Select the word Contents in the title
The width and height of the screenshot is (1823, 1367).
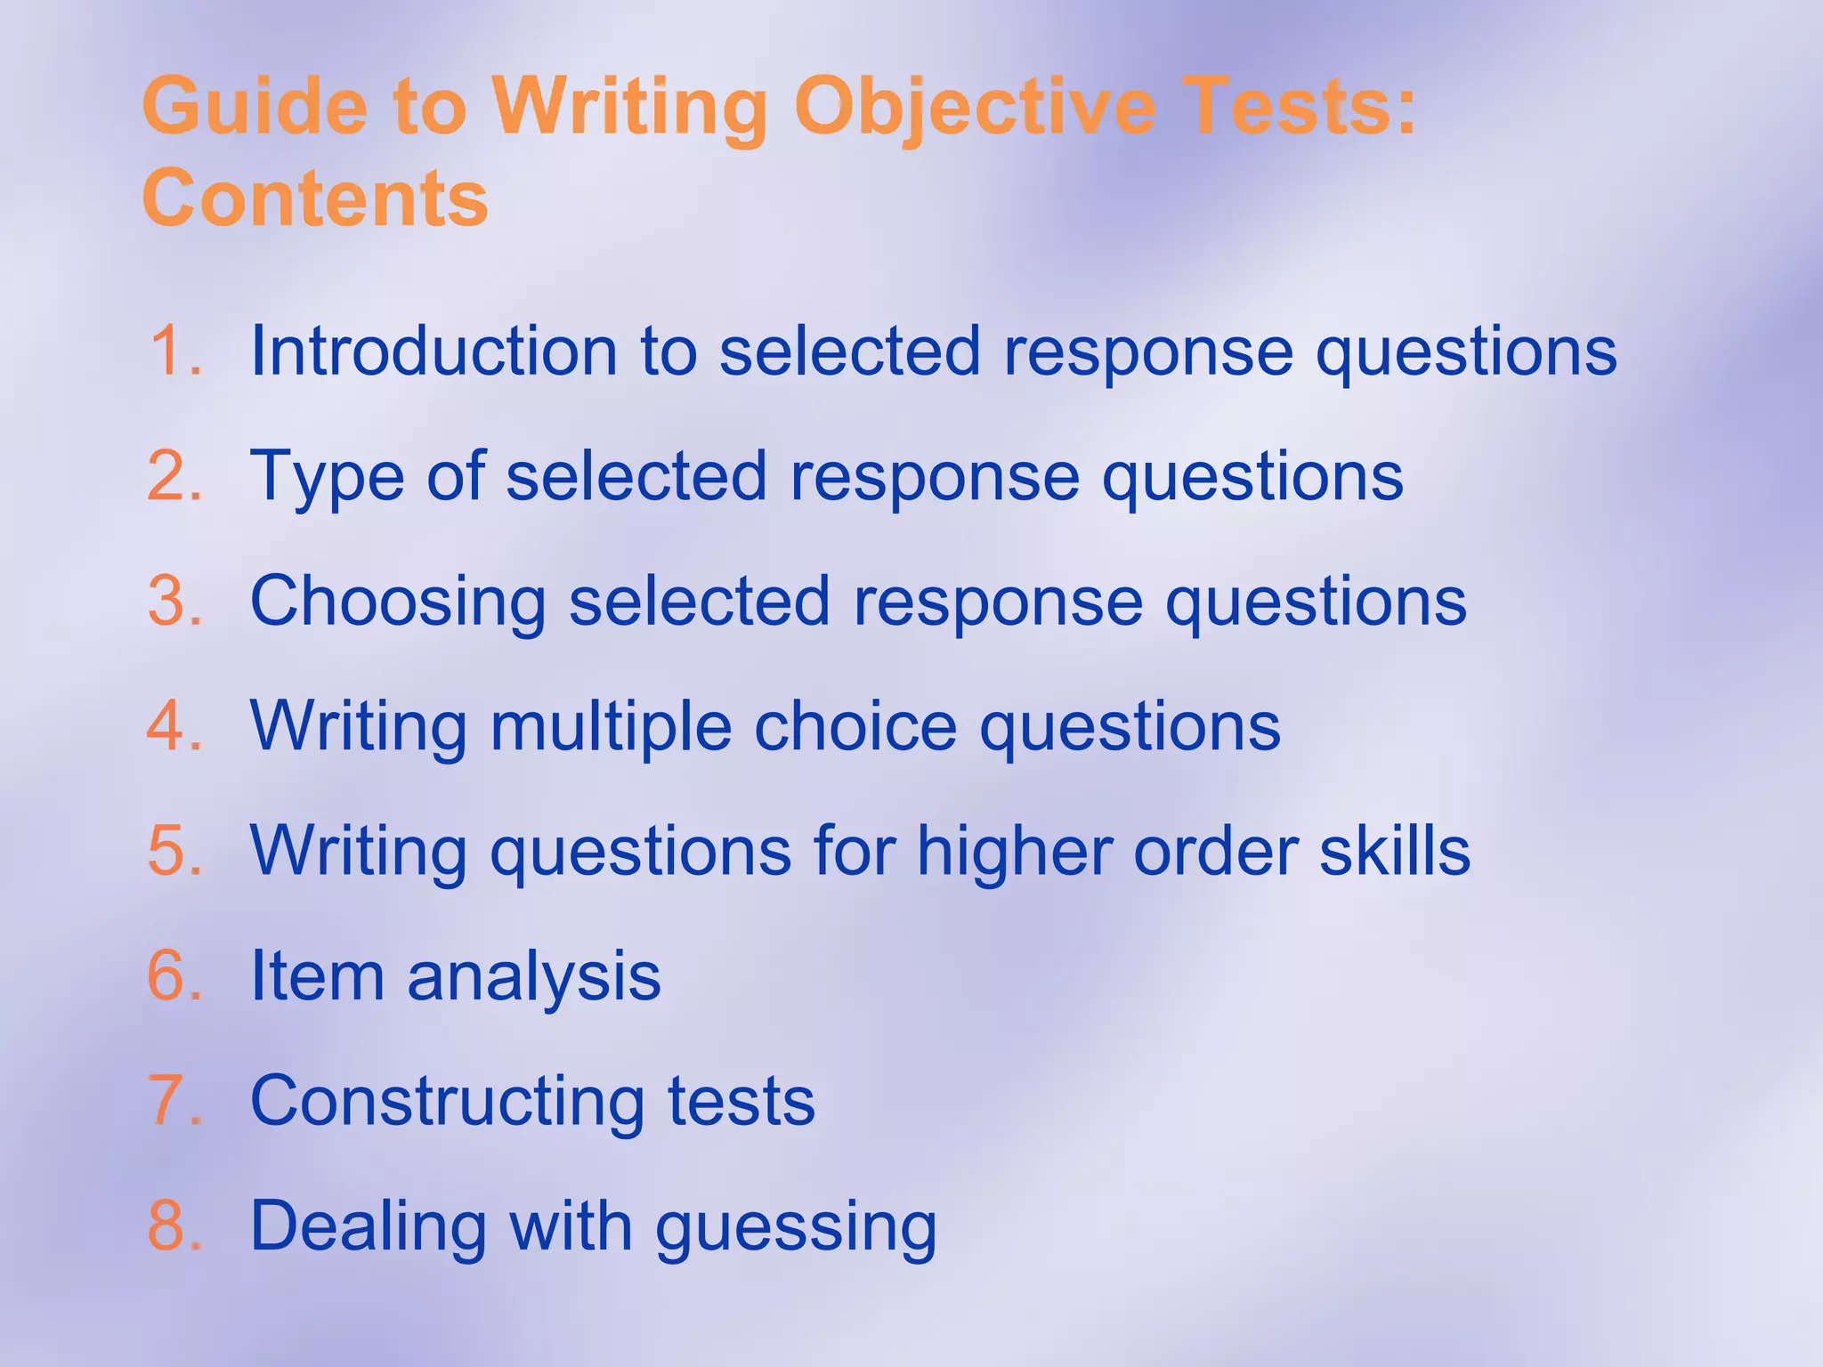click(x=315, y=198)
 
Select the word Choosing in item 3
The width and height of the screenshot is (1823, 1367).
click(x=397, y=602)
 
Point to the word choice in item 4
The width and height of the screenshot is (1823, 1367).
click(x=855, y=726)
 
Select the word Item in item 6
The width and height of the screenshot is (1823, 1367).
click(x=317, y=976)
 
